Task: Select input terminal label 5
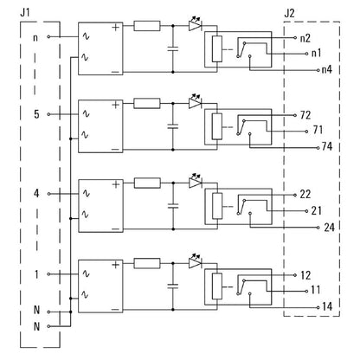pos(35,113)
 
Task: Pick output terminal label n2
pos(305,39)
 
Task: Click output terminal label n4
pos(325,70)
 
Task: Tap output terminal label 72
pos(305,114)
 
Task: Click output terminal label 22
pos(305,194)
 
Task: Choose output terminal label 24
pos(328,228)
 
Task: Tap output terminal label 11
pos(318,292)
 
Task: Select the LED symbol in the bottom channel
pos(195,260)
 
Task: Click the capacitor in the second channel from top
pos(174,126)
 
